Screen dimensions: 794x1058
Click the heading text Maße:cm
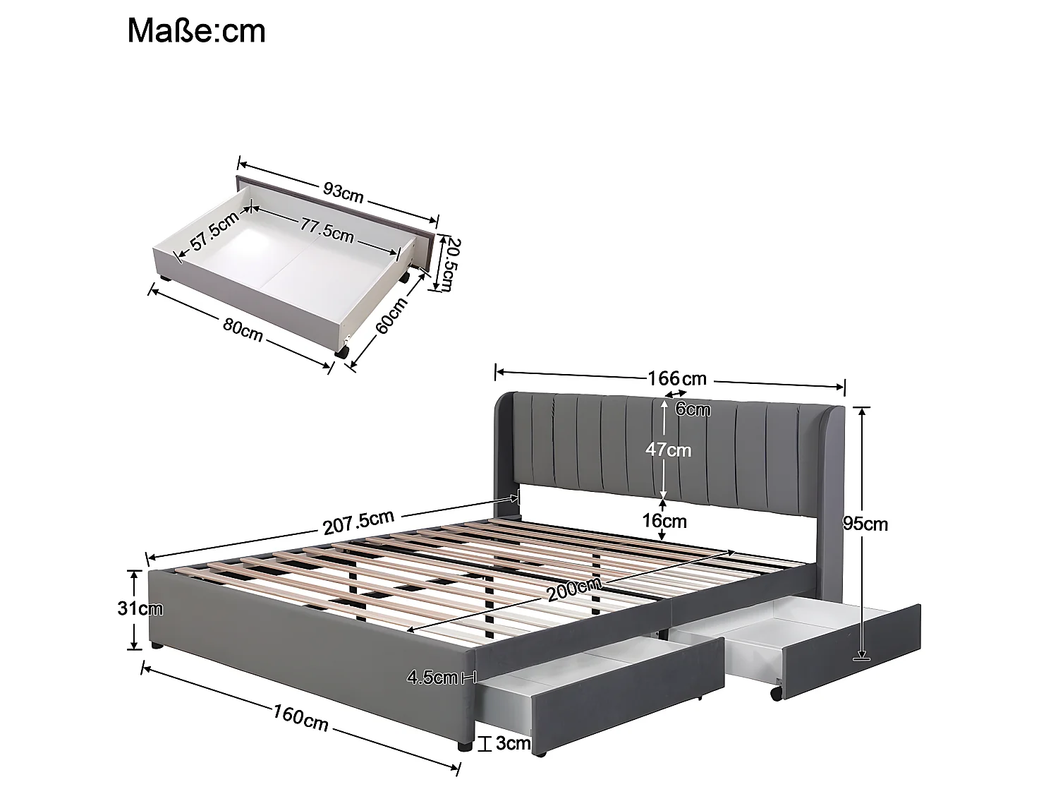point(196,32)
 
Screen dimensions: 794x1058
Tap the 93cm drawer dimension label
point(343,191)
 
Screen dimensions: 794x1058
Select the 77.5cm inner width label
point(327,230)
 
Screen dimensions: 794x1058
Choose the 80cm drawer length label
point(242,330)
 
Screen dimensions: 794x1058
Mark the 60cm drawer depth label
point(392,315)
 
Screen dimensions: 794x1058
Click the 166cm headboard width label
point(676,378)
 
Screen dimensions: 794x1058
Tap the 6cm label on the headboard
point(693,409)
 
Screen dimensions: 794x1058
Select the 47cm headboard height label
point(669,450)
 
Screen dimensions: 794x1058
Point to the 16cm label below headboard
point(664,522)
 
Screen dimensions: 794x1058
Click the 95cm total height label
point(865,524)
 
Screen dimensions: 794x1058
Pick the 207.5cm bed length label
point(358,523)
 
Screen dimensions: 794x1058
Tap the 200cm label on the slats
point(573,589)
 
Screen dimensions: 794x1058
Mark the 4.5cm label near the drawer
point(432,678)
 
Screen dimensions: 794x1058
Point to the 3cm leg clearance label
point(513,743)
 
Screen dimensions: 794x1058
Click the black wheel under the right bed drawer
point(776,694)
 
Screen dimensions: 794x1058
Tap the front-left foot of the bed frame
point(154,646)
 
